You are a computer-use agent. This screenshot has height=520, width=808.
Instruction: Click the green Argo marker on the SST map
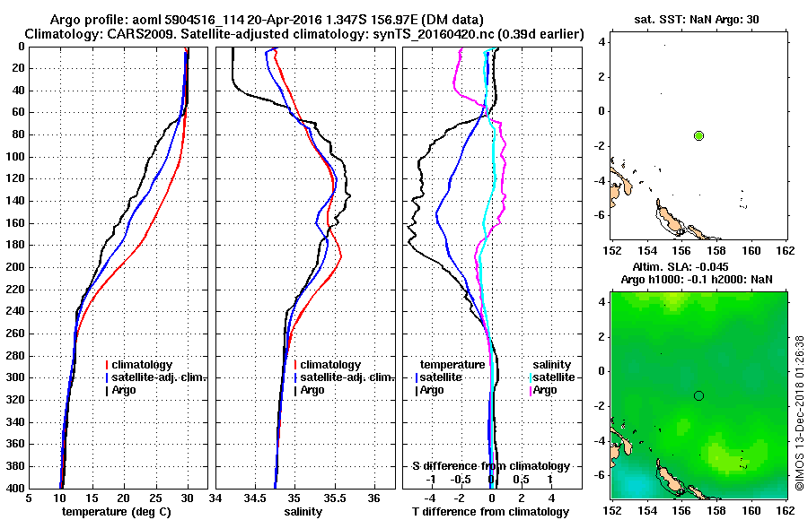(x=698, y=135)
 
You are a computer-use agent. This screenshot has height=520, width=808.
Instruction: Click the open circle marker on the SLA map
(x=698, y=395)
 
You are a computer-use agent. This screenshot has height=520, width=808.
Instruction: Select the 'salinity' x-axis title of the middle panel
(x=304, y=511)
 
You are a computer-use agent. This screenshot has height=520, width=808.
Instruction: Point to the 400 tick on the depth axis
(x=17, y=488)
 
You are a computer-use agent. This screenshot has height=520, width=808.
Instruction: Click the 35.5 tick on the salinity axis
(x=335, y=498)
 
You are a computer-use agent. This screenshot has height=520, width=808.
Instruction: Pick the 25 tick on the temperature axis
(x=155, y=498)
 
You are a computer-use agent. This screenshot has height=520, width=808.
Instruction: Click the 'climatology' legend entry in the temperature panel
(x=143, y=365)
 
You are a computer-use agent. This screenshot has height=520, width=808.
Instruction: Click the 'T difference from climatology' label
(x=490, y=511)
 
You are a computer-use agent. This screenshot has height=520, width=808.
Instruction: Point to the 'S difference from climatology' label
(x=490, y=466)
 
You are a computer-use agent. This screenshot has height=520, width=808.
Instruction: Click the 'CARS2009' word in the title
(x=123, y=33)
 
